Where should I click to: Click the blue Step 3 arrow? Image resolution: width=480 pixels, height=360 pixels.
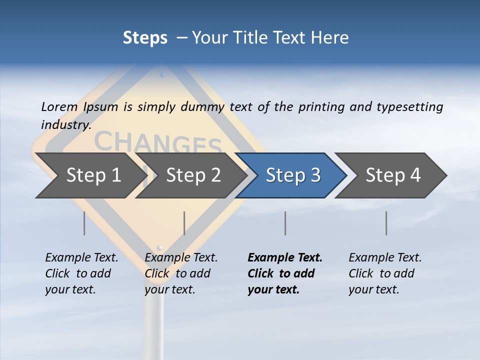click(292, 175)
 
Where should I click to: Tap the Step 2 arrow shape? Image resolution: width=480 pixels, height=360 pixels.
click(193, 175)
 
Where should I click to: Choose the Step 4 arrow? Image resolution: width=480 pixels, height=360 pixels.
click(393, 175)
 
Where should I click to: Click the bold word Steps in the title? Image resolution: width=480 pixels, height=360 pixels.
click(145, 38)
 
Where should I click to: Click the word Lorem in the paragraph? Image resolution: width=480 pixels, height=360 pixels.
click(59, 106)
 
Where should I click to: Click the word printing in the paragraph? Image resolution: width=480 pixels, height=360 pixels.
click(320, 107)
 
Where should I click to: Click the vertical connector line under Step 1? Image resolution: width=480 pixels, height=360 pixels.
click(84, 223)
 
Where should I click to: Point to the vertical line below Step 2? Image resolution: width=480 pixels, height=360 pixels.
click(184, 223)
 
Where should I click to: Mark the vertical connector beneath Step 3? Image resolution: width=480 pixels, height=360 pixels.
click(285, 223)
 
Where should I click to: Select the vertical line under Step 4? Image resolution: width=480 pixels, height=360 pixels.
click(386, 223)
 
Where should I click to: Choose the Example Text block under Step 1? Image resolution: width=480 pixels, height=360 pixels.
click(81, 273)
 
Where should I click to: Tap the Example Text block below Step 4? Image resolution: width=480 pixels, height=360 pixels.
click(385, 273)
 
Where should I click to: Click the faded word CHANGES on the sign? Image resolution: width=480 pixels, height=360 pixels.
click(157, 142)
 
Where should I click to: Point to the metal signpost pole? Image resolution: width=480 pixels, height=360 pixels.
click(154, 320)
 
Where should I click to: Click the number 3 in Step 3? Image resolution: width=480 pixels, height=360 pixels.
click(315, 175)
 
